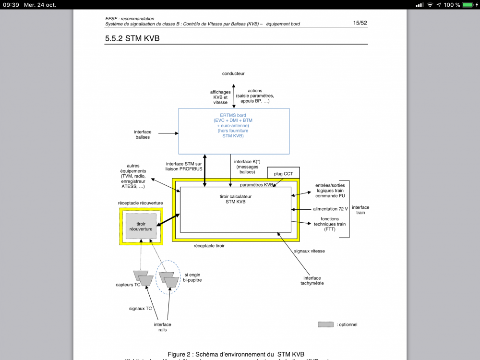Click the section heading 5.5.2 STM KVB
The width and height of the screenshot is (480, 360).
click(132, 38)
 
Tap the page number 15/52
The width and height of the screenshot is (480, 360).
click(360, 23)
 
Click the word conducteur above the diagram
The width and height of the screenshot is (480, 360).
click(233, 73)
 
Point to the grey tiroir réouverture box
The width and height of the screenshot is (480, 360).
click(141, 227)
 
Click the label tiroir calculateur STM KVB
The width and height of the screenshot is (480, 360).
click(235, 199)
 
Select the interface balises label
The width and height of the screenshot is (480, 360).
click(143, 134)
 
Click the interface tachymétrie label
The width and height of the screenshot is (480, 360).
click(312, 280)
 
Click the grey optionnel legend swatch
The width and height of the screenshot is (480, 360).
click(325, 324)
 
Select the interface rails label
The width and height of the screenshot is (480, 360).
click(162, 327)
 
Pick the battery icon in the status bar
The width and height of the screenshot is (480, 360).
click(467, 5)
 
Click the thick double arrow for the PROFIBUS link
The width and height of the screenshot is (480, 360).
click(205, 170)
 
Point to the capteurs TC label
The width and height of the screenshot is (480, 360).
click(128, 285)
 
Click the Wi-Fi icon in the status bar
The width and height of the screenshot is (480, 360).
click(430, 5)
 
